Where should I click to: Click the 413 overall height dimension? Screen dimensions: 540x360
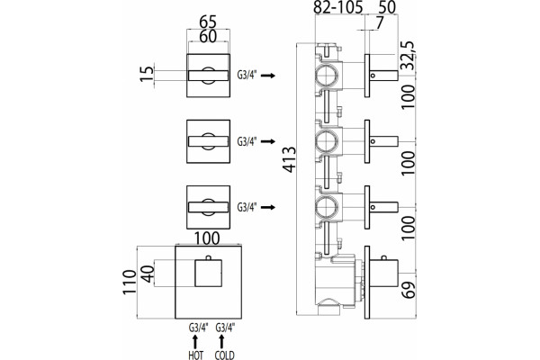(289, 159)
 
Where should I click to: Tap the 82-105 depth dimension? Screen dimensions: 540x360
(338, 7)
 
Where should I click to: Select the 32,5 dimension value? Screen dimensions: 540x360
(409, 56)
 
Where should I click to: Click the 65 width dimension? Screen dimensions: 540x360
(208, 22)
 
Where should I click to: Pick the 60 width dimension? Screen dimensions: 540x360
(208, 37)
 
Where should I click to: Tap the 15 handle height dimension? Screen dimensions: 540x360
(147, 74)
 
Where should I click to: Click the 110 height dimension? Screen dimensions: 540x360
(130, 282)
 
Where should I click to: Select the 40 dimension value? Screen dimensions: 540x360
(148, 274)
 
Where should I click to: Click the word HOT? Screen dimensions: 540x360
(195, 355)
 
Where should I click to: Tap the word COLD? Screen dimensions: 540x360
(224, 355)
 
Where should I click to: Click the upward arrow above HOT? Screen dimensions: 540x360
(195, 341)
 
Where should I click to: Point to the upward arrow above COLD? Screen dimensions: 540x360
(221, 341)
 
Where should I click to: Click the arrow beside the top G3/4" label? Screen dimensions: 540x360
(268, 76)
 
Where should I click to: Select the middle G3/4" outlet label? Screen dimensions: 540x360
(247, 141)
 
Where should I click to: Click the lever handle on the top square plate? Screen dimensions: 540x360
(208, 76)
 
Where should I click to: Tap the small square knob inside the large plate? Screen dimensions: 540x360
(209, 274)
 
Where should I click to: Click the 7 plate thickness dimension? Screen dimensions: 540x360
(379, 23)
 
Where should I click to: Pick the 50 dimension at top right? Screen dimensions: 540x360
(387, 7)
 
